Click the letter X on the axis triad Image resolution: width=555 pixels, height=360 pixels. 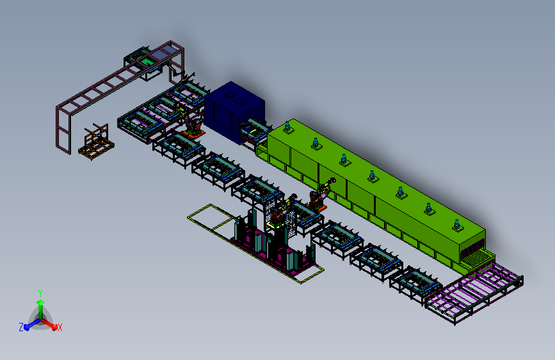pos(60,328)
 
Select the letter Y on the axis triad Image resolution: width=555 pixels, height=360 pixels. pos(40,293)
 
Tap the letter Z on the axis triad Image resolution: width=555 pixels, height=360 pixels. pos(21,327)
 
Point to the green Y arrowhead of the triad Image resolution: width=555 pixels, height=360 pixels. pos(41,302)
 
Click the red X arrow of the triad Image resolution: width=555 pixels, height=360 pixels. pos(49,324)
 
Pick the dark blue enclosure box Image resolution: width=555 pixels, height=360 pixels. pos(234,111)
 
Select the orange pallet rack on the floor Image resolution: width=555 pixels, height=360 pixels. pos(96,142)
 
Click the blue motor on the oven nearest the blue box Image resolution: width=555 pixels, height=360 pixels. pos(287,127)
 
